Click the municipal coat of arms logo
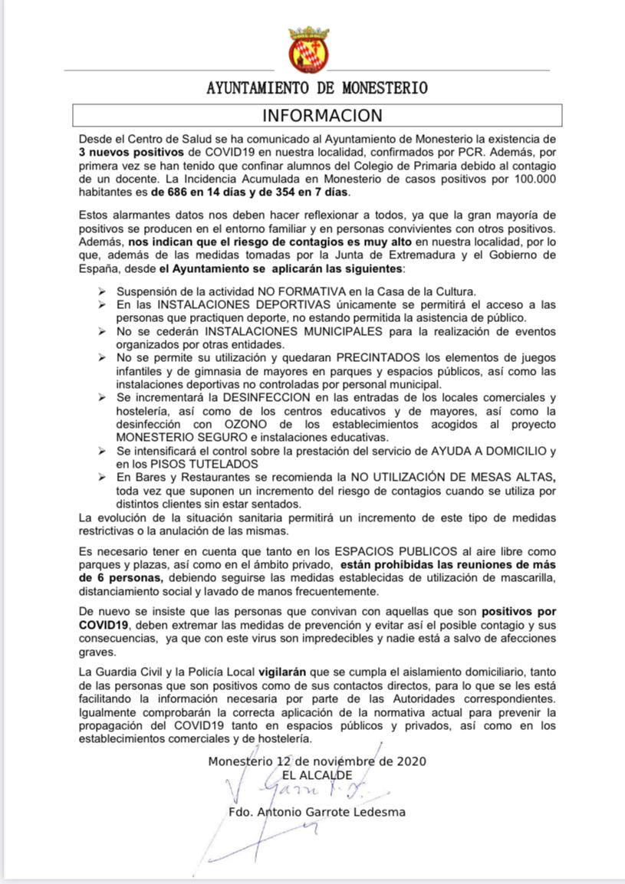point(308,50)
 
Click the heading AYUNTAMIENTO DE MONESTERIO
point(317,88)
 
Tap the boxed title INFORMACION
point(322,116)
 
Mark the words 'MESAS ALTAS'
point(518,476)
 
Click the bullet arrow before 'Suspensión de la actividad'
point(103,291)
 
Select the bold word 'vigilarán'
point(282,672)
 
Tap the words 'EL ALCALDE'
point(317,775)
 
